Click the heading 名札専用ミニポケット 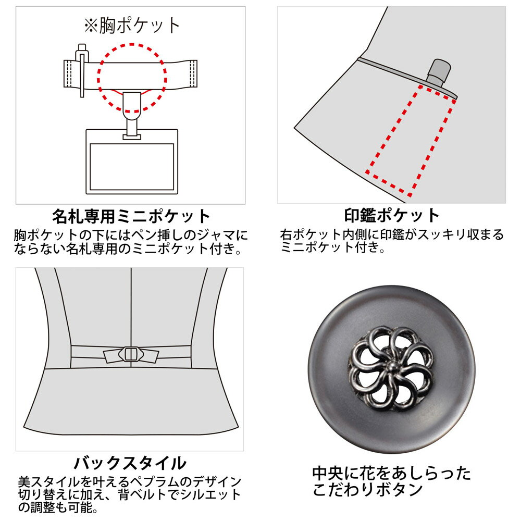point(131,217)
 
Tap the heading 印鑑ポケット point(392,216)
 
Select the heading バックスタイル point(130,463)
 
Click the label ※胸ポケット point(132,26)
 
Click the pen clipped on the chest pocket point(82,70)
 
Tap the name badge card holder point(132,162)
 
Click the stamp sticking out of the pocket point(439,73)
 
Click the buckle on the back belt point(131,354)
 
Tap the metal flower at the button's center point(391,369)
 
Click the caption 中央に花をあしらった point(391,473)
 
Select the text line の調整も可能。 point(58,507)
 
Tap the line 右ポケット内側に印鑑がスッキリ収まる point(392,235)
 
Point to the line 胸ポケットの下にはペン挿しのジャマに point(131,235)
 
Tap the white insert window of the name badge point(132,167)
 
